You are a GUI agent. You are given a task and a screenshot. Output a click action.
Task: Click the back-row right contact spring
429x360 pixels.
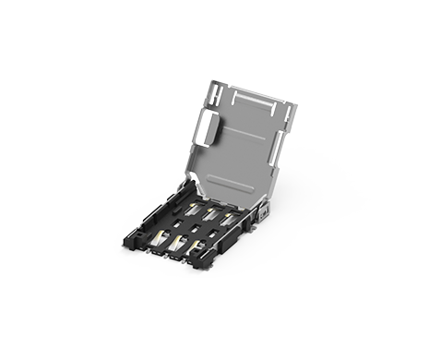click(226, 219)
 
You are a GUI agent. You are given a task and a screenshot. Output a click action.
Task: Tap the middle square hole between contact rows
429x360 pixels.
click(196, 229)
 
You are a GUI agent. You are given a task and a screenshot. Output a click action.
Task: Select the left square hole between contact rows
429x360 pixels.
click(174, 223)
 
